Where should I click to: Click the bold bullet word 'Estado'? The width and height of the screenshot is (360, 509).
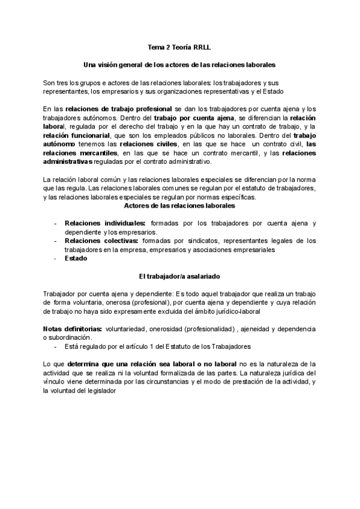click(76, 259)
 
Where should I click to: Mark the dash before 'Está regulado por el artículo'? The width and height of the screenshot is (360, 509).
click(56, 347)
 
